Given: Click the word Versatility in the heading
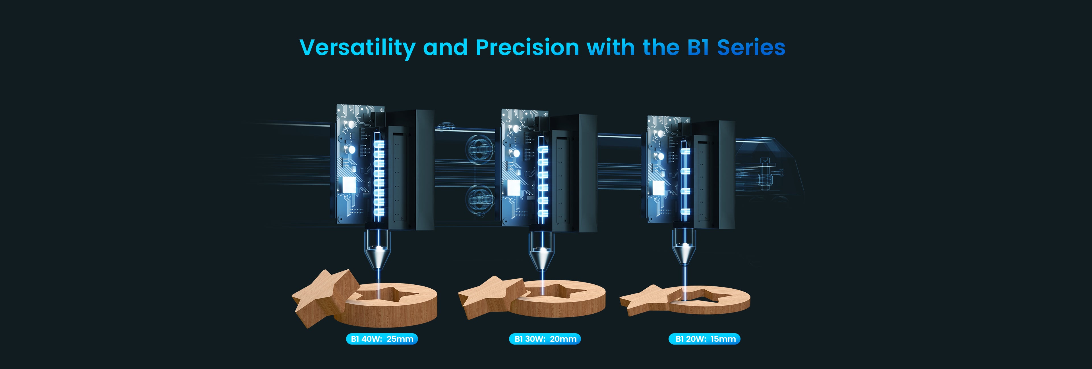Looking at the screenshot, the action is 358,48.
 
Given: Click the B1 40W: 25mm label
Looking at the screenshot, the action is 382,339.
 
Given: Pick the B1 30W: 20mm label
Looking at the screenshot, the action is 545,339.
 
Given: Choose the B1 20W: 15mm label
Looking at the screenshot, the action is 705,339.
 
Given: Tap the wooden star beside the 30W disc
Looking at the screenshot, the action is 492,297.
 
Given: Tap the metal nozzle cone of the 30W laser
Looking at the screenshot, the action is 541,258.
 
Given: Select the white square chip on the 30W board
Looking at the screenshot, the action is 513,187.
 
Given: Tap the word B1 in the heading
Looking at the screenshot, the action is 698,47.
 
